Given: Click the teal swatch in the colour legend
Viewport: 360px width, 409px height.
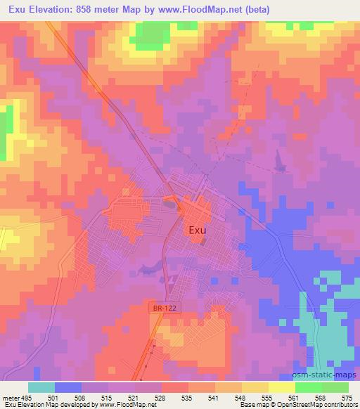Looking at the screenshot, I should coord(41,387).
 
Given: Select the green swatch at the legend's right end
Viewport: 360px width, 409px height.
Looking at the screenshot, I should coord(335,387).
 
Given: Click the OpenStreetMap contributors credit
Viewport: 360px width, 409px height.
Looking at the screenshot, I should coord(314,405).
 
